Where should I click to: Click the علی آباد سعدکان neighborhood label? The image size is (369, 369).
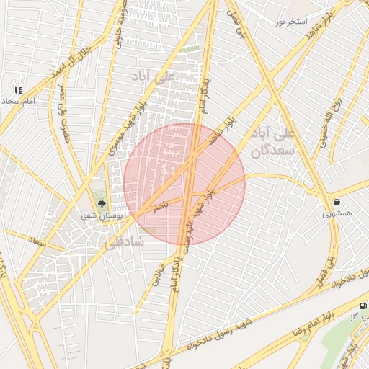coord(270,143)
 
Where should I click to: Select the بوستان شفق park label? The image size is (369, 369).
coord(101,215)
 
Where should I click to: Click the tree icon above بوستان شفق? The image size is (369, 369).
coord(101,203)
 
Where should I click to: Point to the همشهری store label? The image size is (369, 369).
coord(337,213)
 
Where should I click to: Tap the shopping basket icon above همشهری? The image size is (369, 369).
coord(337,201)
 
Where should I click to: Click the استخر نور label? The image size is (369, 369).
coord(290,22)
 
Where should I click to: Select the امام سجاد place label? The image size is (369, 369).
coord(19,102)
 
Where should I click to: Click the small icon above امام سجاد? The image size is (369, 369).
coord(18,91)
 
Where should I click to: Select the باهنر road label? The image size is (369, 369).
coord(160,205)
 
